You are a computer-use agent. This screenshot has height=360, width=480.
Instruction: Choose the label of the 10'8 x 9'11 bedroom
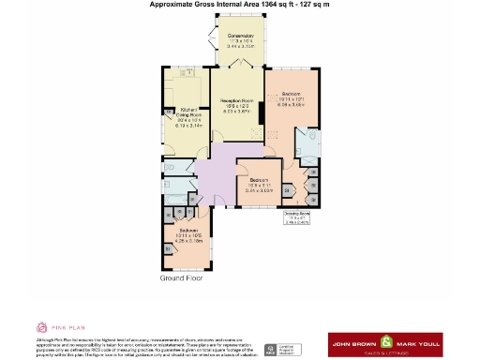coord(259,183)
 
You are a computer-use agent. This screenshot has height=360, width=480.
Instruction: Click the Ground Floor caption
coord(182,278)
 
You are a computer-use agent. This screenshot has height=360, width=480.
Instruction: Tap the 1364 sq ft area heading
coord(239,5)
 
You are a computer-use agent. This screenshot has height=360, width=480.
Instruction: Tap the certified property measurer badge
coord(282,349)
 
